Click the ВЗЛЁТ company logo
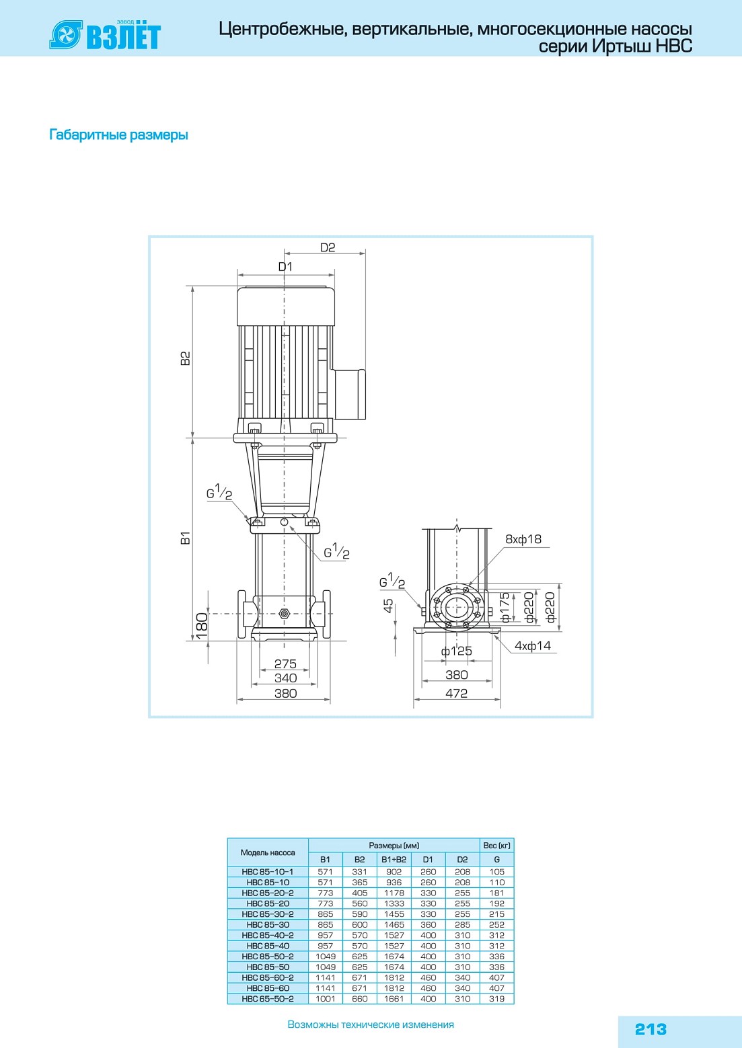[105, 35]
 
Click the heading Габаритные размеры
[119, 134]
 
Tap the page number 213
[651, 1029]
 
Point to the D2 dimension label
[328, 247]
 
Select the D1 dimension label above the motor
[285, 267]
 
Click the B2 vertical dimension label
[186, 358]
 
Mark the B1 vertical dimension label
[186, 538]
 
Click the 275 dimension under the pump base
[285, 663]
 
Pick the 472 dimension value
[457, 693]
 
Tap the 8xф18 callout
[523, 539]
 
